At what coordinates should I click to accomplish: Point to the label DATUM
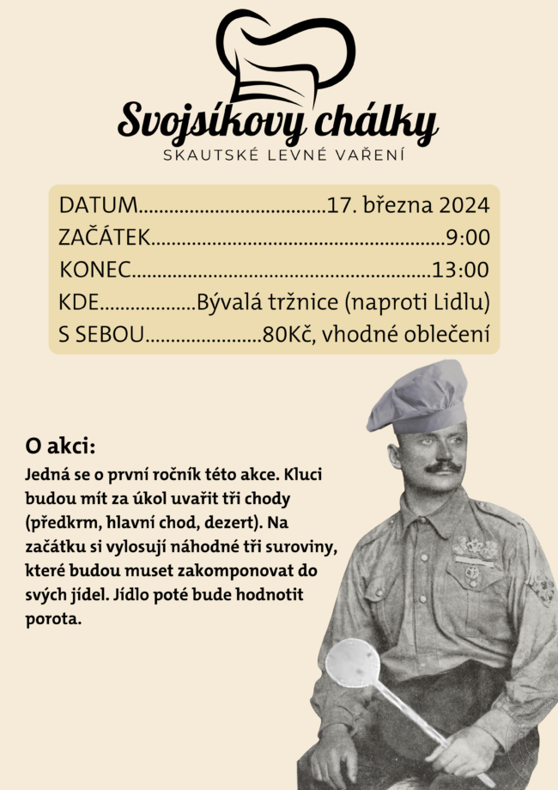(x=98, y=205)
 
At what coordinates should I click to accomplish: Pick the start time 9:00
(x=467, y=237)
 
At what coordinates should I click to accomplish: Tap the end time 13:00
(x=460, y=270)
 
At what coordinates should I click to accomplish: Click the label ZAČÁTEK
(x=105, y=237)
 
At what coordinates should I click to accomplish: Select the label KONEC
(x=95, y=270)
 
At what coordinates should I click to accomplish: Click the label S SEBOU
(x=101, y=335)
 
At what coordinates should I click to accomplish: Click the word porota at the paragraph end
(x=53, y=618)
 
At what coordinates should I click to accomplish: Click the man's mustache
(x=443, y=467)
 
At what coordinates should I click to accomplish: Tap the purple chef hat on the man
(x=420, y=397)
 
